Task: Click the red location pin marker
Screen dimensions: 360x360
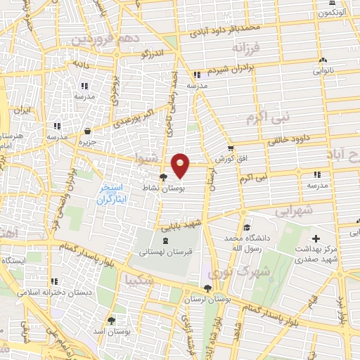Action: (x=181, y=165)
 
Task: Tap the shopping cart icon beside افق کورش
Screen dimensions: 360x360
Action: (x=231, y=148)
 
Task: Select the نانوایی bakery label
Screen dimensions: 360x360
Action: (x=323, y=70)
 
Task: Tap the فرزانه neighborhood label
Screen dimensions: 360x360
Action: (x=246, y=49)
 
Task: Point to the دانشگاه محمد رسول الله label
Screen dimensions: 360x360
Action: (x=247, y=243)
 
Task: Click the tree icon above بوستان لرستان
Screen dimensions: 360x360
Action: (x=207, y=288)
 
